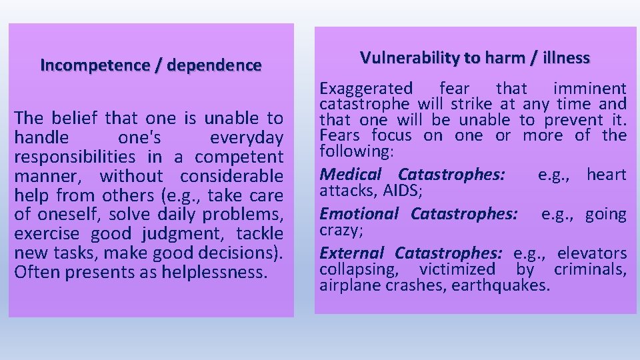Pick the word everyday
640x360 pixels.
(246, 138)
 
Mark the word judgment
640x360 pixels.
(174, 234)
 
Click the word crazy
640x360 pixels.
(339, 229)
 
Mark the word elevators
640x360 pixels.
(592, 253)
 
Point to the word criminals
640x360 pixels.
(590, 269)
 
